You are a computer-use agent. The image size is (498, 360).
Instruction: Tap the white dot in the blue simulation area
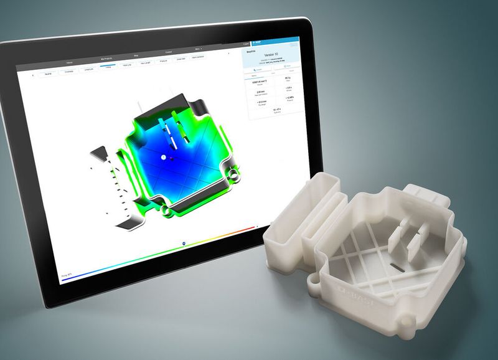click(x=163, y=158)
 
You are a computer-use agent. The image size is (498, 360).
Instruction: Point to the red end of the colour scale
click(x=252, y=228)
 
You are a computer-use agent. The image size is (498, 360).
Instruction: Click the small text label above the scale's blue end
click(x=66, y=273)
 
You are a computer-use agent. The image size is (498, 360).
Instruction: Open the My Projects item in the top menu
click(x=110, y=56)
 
